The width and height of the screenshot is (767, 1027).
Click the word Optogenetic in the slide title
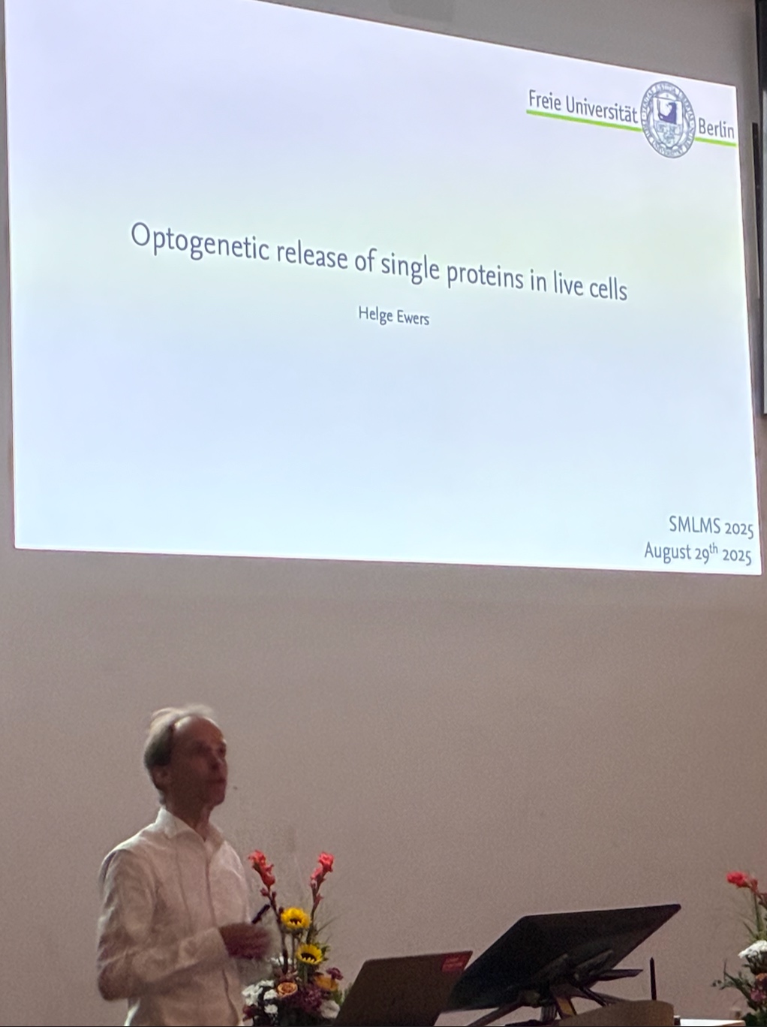coord(200,245)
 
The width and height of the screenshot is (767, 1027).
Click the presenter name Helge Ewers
coord(394,316)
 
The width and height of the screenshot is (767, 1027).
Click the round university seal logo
coord(667,119)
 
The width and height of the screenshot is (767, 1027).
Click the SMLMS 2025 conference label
coord(711,527)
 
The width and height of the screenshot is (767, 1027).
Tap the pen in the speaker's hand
coord(260,914)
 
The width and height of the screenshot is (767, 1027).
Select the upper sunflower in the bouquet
coord(295,919)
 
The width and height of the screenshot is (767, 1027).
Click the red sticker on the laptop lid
coord(451,962)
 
